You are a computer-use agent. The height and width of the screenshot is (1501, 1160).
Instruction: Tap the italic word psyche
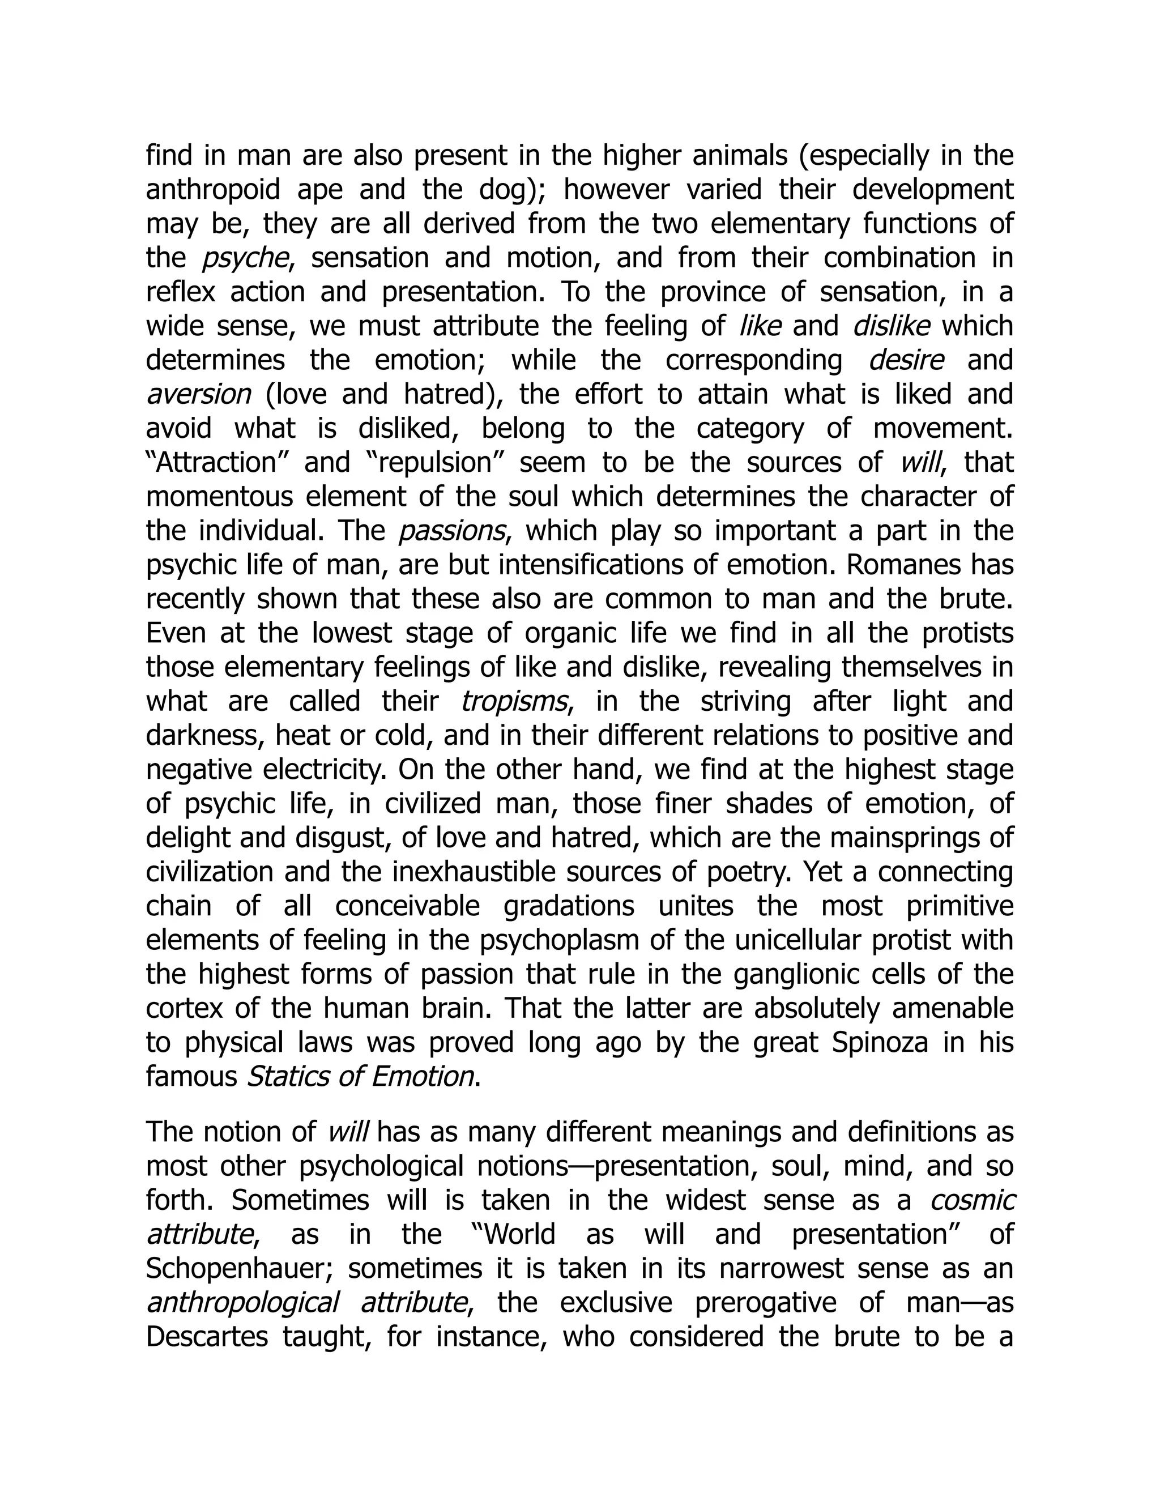click(245, 258)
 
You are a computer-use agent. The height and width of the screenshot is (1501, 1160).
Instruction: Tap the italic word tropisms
click(514, 701)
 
